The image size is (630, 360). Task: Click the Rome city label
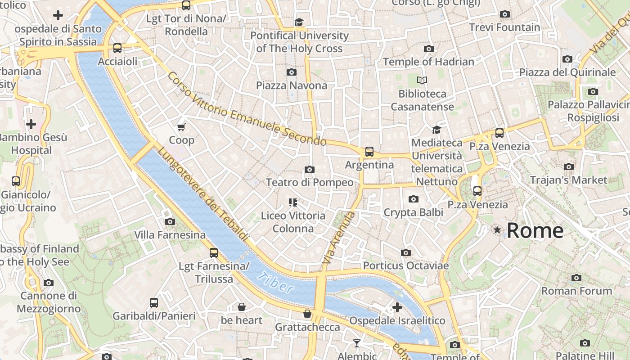click(535, 230)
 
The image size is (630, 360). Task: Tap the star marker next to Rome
click(497, 230)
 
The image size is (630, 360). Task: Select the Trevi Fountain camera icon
click(505, 14)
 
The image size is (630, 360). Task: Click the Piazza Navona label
click(292, 85)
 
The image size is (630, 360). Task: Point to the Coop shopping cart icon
click(181, 127)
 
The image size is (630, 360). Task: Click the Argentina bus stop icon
click(369, 152)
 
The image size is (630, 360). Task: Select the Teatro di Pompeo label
click(310, 182)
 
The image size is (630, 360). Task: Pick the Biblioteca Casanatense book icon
click(422, 80)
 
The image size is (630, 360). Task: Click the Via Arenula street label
click(338, 238)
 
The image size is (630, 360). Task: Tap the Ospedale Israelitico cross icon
click(397, 307)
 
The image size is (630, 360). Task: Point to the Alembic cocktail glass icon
click(357, 343)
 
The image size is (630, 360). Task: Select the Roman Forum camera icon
click(576, 278)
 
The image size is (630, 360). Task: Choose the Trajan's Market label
click(568, 180)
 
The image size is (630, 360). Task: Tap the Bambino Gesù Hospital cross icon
click(31, 124)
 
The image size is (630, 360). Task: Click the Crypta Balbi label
click(413, 212)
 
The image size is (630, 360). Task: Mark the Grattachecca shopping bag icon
click(307, 314)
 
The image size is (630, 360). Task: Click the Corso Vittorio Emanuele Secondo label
click(247, 109)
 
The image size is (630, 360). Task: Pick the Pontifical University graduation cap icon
click(299, 22)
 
